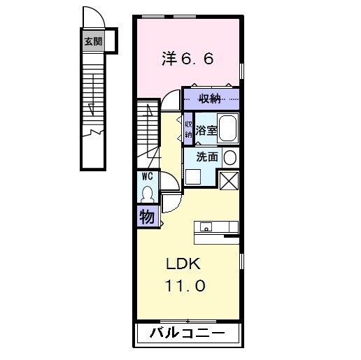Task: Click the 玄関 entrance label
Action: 92,41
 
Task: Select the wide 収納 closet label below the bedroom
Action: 210,98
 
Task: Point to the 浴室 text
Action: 205,130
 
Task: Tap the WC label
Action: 148,176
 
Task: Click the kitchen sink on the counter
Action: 206,226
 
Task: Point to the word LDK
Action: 183,265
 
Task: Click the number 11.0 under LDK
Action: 185,286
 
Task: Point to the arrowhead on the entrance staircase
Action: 91,108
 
